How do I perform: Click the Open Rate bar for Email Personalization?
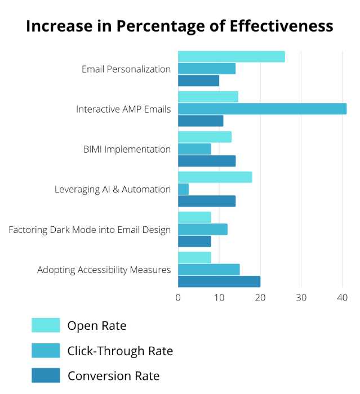pos(231,57)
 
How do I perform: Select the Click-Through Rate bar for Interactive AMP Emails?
pos(262,109)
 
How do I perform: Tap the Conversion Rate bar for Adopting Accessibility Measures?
pos(219,281)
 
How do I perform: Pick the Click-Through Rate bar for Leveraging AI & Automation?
pos(184,189)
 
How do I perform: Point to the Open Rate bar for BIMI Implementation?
pos(205,137)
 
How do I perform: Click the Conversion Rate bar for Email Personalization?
pos(198,80)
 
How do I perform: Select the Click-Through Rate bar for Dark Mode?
pos(203,229)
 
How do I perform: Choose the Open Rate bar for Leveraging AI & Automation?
pos(215,177)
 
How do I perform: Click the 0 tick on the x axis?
pos(178,298)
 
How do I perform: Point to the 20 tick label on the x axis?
pos(260,298)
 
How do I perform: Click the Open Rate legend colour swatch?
pos(46,325)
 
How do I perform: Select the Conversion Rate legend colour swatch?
pos(46,375)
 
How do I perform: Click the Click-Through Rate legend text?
pos(120,351)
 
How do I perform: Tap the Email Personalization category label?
pos(126,69)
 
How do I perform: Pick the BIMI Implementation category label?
pos(127,149)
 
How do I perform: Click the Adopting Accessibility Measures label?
pos(104,270)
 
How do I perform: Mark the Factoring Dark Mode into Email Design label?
pos(90,230)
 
